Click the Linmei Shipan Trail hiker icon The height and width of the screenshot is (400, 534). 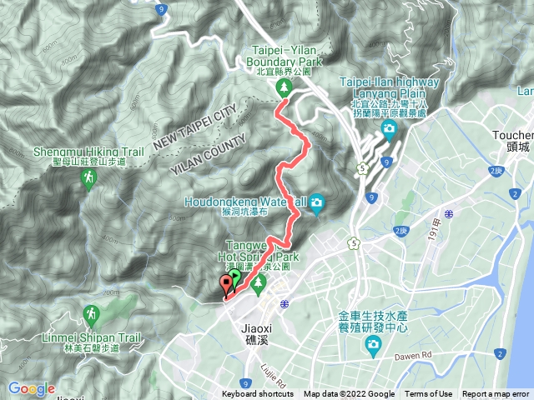pos(91,314)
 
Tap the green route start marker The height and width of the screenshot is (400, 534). pos(235,277)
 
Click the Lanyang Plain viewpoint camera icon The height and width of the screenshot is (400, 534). pos(389,127)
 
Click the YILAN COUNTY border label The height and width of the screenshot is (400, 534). pos(209,152)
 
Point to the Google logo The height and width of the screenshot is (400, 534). pos(31,388)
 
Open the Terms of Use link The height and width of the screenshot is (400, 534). pos(429,394)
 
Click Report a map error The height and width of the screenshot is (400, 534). pos(496,394)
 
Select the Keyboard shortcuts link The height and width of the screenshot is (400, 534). pos(258,394)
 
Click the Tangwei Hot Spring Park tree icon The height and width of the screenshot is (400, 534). pos(259,284)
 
